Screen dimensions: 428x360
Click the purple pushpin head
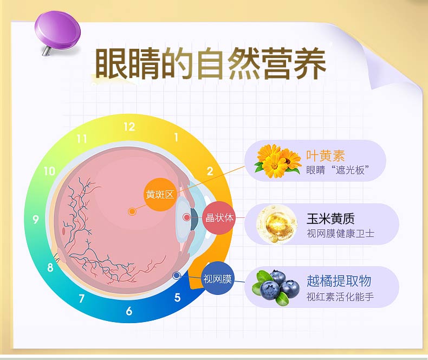(x=57, y=30)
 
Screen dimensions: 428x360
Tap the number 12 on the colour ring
(x=129, y=127)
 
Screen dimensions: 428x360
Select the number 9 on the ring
(x=36, y=220)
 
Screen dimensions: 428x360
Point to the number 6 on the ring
(x=129, y=311)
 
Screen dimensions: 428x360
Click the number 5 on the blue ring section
(x=177, y=298)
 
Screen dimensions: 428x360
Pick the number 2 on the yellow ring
(x=210, y=171)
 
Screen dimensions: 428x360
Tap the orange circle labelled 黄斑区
(x=160, y=194)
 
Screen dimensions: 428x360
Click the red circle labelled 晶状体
(x=219, y=218)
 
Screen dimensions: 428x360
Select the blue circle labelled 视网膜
(x=218, y=279)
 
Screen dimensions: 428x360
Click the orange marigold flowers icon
(x=277, y=161)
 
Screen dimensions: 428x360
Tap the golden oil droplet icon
(x=276, y=224)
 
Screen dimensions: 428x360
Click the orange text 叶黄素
(x=326, y=156)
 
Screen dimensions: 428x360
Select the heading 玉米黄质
(x=330, y=218)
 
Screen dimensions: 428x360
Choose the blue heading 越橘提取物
(x=339, y=281)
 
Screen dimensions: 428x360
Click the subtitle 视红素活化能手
(x=340, y=297)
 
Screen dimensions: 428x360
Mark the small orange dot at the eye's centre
(x=132, y=211)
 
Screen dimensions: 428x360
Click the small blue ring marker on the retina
(x=177, y=275)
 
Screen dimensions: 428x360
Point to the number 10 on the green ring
(x=50, y=171)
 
